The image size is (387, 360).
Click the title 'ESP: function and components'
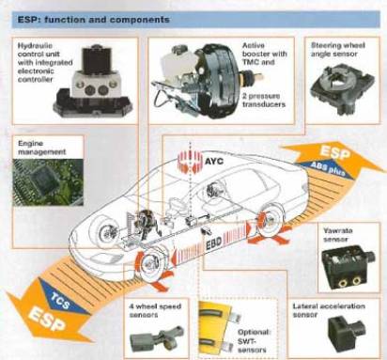click(93, 20)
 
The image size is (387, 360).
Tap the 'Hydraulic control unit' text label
click(45, 63)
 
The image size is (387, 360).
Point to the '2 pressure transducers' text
click(264, 100)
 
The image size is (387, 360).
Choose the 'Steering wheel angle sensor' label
click(338, 50)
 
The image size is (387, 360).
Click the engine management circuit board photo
click(48, 182)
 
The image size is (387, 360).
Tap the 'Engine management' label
click(41, 148)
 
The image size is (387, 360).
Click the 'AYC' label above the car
click(214, 162)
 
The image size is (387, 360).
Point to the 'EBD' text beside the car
click(213, 243)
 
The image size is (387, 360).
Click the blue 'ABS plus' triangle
click(329, 169)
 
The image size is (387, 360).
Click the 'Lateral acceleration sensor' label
click(329, 310)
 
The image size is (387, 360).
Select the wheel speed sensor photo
click(157, 339)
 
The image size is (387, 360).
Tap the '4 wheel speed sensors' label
click(156, 310)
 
